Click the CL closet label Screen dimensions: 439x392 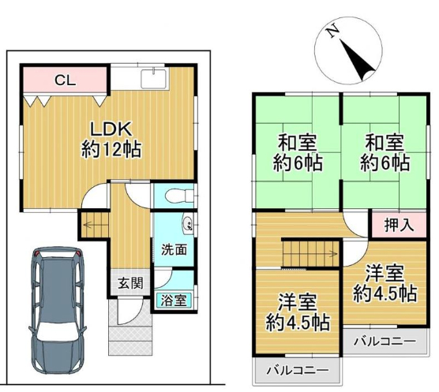(x=66, y=80)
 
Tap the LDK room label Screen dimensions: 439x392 (x=111, y=129)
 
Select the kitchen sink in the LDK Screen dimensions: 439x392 (x=154, y=79)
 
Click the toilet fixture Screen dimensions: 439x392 (x=179, y=196)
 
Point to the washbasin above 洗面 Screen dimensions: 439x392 (x=188, y=223)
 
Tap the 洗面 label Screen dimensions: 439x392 (x=174, y=250)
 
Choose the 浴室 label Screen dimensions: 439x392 (x=174, y=301)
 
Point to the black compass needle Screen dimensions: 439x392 (x=358, y=60)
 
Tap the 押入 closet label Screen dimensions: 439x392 (x=399, y=225)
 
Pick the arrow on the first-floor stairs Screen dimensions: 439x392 (x=89, y=225)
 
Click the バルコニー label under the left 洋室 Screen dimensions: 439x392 (x=297, y=371)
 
